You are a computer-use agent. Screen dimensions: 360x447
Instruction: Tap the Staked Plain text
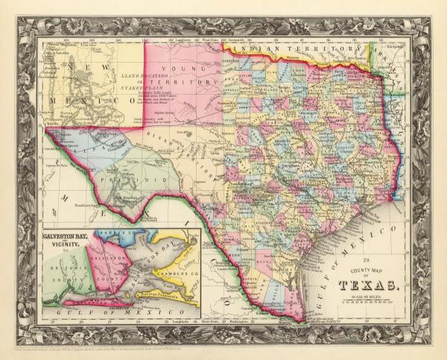point(139,86)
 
